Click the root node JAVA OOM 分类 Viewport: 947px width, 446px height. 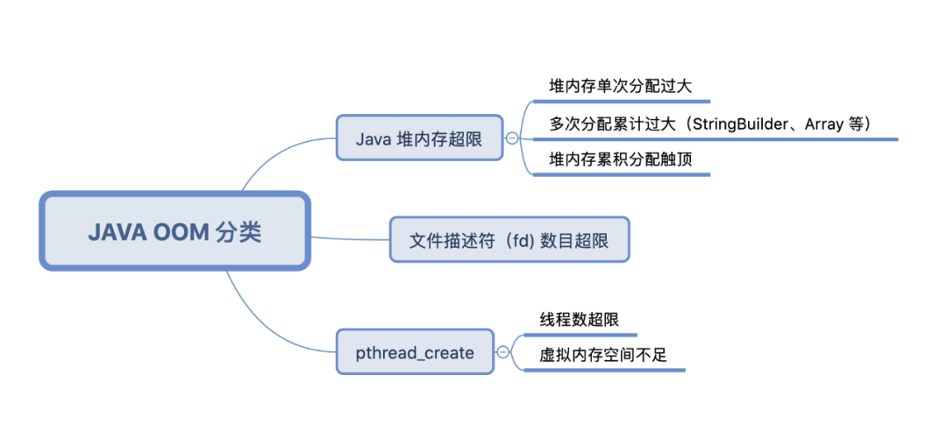tap(174, 231)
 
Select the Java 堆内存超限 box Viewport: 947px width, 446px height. tap(419, 138)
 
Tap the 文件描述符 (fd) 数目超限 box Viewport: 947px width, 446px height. tap(509, 240)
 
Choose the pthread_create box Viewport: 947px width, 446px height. tap(415, 353)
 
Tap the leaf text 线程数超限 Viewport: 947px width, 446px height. tap(579, 320)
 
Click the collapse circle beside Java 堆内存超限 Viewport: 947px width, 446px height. tap(512, 138)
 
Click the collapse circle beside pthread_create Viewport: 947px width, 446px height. tap(502, 353)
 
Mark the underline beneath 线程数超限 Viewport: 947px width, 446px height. tap(580, 335)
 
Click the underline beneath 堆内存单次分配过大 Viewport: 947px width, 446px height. tap(620, 102)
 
